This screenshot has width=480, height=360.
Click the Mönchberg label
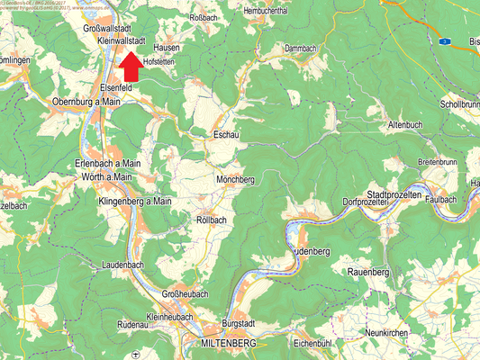[x=236, y=180]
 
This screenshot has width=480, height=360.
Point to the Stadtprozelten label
[x=402, y=195]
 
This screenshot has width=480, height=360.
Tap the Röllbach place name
[x=212, y=219]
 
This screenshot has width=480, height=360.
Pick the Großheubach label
[x=185, y=294]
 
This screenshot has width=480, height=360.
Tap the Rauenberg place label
[x=367, y=272]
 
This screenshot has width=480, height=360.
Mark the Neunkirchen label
[x=388, y=333]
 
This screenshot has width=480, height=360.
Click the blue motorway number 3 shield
[x=444, y=40]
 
